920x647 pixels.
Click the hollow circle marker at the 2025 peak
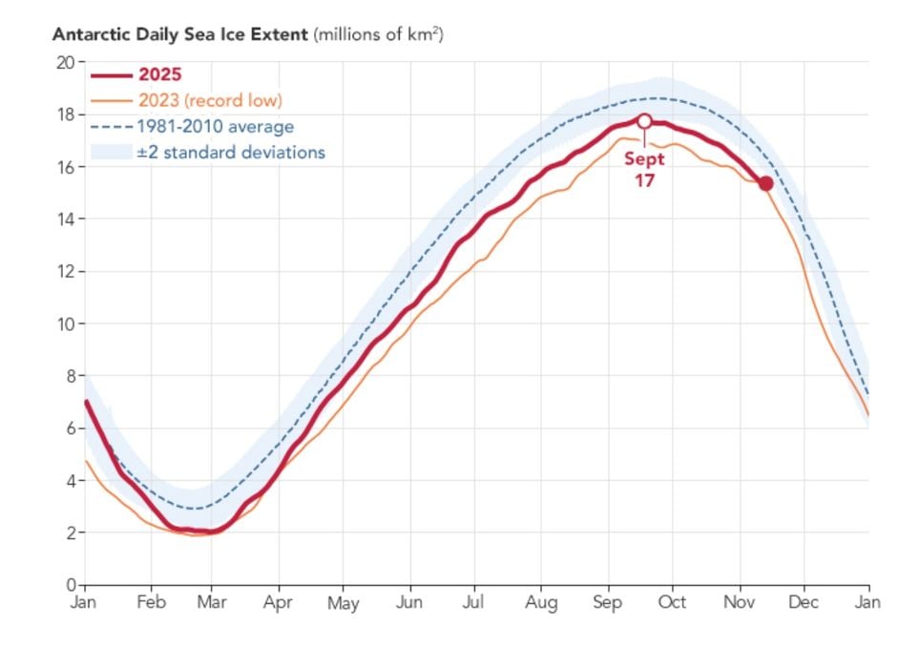[x=644, y=121]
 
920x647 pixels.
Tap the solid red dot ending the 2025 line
[x=765, y=183]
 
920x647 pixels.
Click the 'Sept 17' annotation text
[x=645, y=170]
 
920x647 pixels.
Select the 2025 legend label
[x=159, y=75]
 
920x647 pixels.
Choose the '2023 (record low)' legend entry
[x=210, y=100]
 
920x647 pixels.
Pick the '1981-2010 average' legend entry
[x=216, y=126]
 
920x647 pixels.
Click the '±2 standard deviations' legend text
[x=231, y=152]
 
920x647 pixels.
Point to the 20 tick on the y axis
[x=65, y=62]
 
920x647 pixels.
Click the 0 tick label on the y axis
[x=70, y=584]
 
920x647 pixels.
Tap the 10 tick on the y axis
[x=65, y=323]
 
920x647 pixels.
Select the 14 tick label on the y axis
[x=65, y=219]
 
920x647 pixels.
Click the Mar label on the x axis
[x=211, y=602]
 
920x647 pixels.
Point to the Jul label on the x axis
[x=475, y=602]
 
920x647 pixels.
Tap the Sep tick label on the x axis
[x=607, y=602]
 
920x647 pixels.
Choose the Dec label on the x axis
[x=804, y=602]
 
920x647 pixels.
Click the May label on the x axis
[x=343, y=603]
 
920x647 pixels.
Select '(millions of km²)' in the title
[x=379, y=34]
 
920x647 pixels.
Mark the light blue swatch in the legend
[x=110, y=152]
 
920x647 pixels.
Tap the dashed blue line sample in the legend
[x=110, y=126]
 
